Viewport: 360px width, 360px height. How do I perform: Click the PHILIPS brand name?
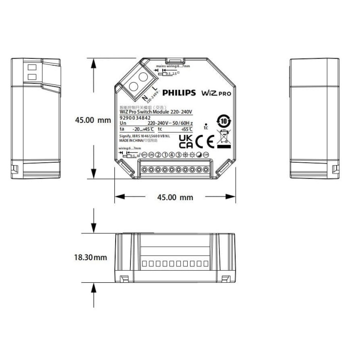click(179, 93)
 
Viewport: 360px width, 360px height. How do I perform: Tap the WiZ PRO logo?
click(216, 93)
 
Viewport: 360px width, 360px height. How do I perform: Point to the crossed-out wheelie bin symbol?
click(224, 137)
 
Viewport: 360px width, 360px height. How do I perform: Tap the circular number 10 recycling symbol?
click(223, 120)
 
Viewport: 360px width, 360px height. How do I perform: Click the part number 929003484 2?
click(135, 118)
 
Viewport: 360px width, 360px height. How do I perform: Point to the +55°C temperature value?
click(187, 129)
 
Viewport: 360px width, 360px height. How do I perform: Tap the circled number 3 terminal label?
click(178, 155)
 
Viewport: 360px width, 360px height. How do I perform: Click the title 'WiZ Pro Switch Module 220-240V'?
click(155, 112)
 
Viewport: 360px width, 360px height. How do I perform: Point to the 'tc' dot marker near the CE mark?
click(205, 126)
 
